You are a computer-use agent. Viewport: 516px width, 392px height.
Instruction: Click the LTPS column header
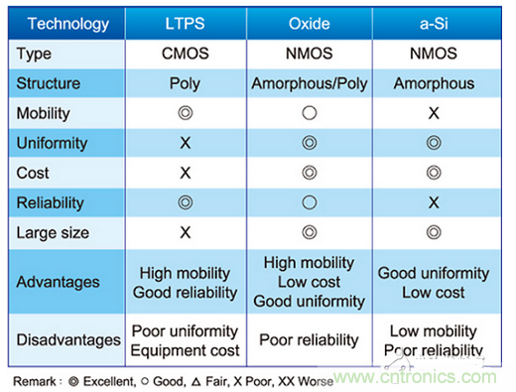coord(185,24)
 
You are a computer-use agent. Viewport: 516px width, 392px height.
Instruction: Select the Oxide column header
coord(310,24)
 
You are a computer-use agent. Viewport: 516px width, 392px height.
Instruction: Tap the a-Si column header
coord(434,24)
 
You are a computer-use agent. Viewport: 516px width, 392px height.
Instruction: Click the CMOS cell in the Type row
coord(186,54)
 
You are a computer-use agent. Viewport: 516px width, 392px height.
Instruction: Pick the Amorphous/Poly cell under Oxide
coord(310,83)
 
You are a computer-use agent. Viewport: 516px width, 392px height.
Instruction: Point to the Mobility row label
coord(44,113)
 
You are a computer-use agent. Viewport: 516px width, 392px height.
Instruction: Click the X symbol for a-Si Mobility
coord(434,113)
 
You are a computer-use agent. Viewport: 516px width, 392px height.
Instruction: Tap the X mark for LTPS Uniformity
coord(186,143)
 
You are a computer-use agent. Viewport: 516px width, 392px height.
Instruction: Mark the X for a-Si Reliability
coord(434,202)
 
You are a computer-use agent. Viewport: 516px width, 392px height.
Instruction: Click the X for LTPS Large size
coord(186,232)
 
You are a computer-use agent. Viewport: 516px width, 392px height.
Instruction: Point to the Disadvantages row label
coord(68,340)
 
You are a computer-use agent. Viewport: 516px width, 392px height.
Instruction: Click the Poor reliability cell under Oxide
coord(309,339)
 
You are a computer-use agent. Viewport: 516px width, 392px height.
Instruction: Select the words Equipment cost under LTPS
coord(185,350)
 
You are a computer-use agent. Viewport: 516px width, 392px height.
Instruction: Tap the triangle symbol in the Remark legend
coord(196,382)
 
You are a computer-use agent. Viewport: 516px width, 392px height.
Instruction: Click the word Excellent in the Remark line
coord(109,381)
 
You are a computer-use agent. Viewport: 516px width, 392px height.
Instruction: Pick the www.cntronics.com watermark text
coord(415,377)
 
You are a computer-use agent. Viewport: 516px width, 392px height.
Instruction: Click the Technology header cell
coord(68,24)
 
